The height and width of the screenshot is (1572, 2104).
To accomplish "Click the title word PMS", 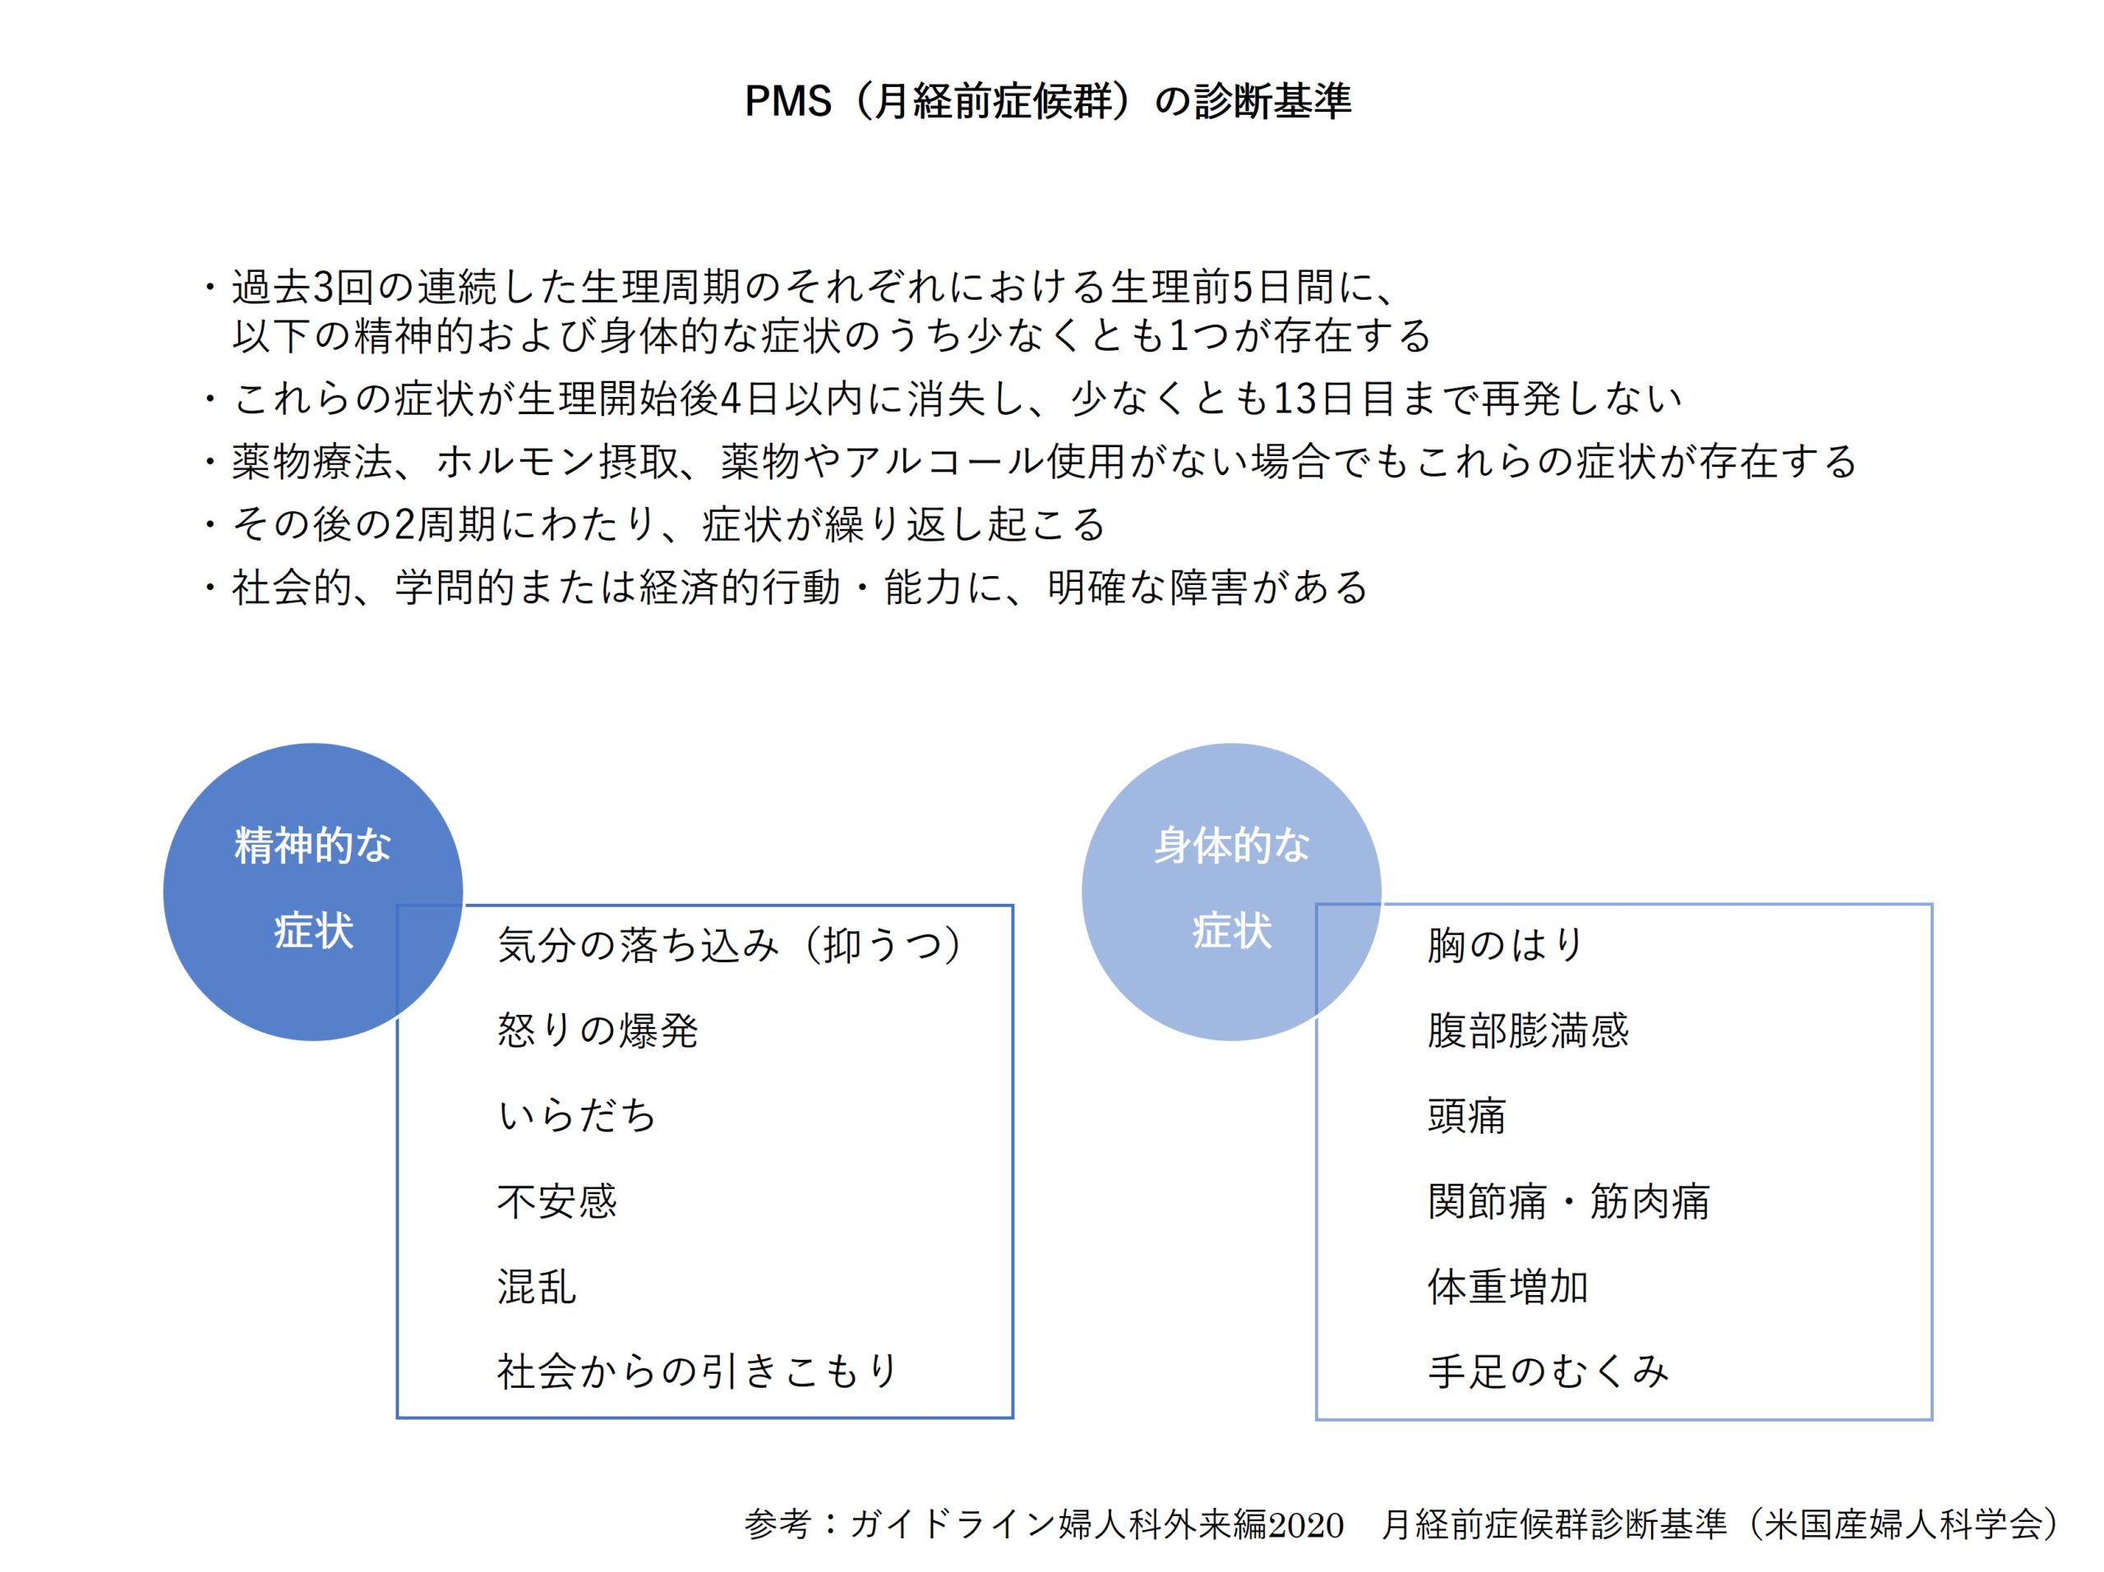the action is click(x=787, y=101).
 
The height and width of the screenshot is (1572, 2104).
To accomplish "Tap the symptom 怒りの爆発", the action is click(x=598, y=1030).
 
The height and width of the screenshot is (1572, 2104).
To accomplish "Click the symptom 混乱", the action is click(x=537, y=1286).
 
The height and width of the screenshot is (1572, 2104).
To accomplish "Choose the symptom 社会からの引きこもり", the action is click(x=698, y=1371).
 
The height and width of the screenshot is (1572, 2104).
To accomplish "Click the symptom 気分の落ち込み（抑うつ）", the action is click(x=731, y=945).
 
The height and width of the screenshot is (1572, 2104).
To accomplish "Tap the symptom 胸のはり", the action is click(x=1505, y=945).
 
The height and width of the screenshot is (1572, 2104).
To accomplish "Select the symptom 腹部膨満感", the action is click(x=1528, y=1030).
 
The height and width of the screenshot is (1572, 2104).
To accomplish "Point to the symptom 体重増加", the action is click(x=1507, y=1286).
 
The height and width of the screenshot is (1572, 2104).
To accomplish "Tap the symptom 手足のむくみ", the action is click(x=1548, y=1371).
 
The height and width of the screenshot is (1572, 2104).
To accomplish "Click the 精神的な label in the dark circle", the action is click(x=313, y=845).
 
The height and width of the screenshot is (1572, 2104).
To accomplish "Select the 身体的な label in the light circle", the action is click(x=1232, y=845).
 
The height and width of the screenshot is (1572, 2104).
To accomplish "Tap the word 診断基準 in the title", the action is click(x=1272, y=101).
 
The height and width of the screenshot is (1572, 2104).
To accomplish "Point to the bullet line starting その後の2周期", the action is click(x=657, y=524).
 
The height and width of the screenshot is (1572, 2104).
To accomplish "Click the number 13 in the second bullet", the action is click(x=1294, y=399).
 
